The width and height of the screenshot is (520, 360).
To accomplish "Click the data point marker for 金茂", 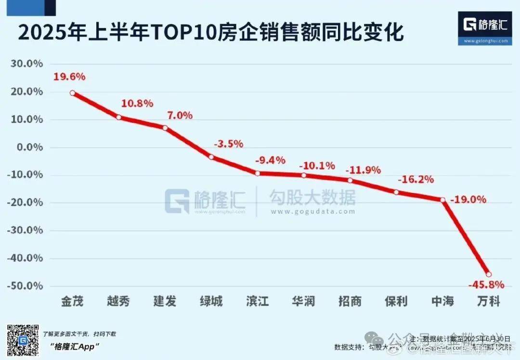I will [x=72, y=93].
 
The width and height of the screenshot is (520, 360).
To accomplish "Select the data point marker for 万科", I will [x=489, y=274].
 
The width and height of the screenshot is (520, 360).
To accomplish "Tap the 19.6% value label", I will [x=69, y=76].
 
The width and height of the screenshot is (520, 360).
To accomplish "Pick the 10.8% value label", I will [x=137, y=103].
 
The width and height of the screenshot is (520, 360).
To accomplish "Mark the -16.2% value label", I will [x=416, y=180].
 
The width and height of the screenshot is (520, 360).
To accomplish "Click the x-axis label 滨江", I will [x=257, y=302].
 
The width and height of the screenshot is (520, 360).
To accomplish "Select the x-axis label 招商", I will [x=350, y=302].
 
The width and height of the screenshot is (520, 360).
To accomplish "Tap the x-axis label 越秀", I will [x=118, y=302].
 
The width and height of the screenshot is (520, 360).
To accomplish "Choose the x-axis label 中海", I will [x=442, y=302].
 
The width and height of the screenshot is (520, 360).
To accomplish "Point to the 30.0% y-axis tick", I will [x=28, y=64].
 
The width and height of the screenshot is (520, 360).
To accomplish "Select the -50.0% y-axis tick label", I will [x=27, y=286].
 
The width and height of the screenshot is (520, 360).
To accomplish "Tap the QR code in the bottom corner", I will [x=22, y=341].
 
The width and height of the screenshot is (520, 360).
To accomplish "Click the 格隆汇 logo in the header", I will [x=485, y=26].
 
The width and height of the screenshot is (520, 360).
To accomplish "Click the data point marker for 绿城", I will [x=211, y=156].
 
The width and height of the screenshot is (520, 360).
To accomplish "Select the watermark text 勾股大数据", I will [x=312, y=197].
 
